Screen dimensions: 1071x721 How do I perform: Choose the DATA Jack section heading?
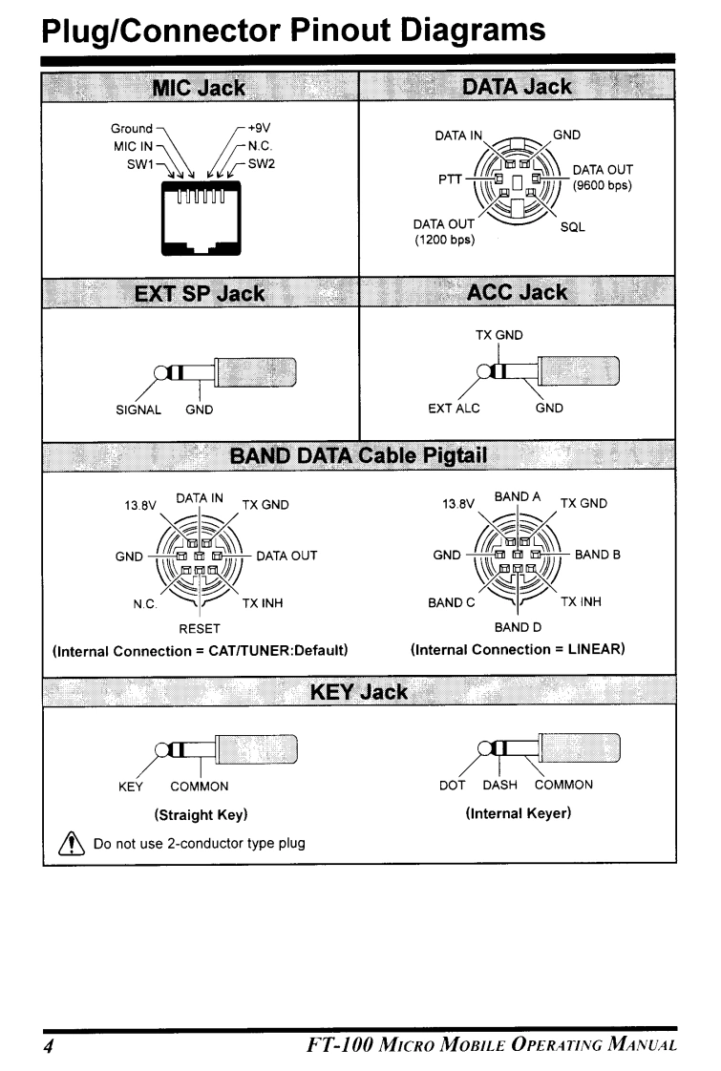pos(516,87)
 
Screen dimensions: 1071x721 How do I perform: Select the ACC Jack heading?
pos(516,291)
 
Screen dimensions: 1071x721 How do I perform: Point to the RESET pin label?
pos(201,629)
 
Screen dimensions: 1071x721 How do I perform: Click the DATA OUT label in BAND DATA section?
pos(286,555)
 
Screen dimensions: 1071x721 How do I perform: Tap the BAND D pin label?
pos(517,629)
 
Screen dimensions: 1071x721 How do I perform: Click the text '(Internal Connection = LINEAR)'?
pos(517,650)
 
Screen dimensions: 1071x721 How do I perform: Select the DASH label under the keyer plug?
pos(500,785)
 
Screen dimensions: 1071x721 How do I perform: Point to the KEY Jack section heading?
pos(359,690)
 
